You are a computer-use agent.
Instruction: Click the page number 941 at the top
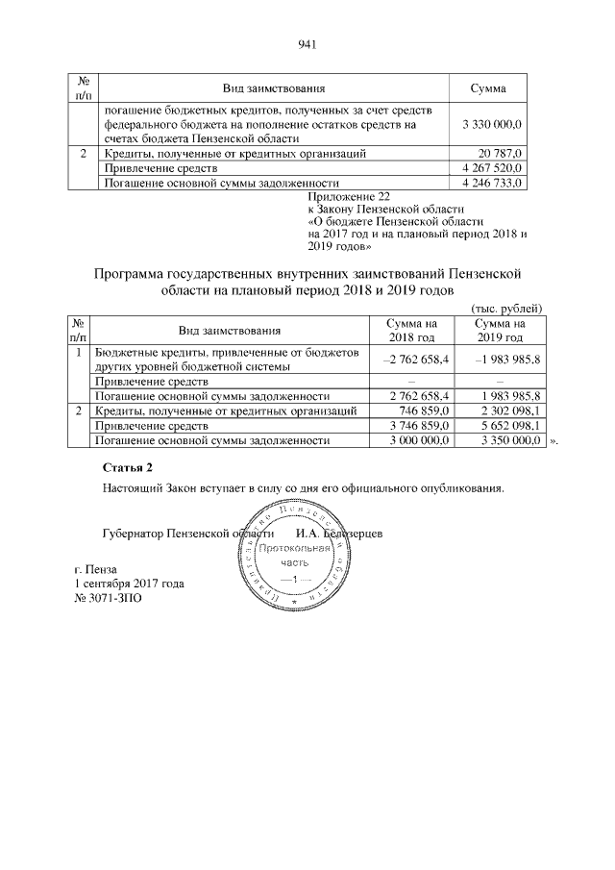pyautogui.click(x=307, y=44)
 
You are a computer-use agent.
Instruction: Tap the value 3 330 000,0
pyautogui.click(x=491, y=124)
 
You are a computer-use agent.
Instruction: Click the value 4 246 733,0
pyautogui.click(x=491, y=181)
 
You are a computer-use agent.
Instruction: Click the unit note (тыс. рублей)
pyautogui.click(x=507, y=308)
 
